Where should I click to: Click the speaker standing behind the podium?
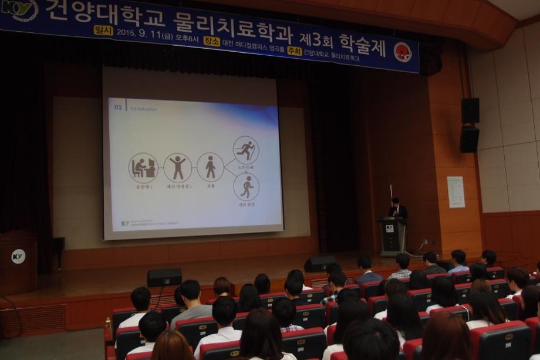[397, 208]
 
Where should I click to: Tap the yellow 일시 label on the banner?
[103, 30]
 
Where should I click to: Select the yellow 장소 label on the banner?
[212, 41]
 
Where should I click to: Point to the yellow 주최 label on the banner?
[295, 51]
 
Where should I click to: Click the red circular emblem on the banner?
[403, 52]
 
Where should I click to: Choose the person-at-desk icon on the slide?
[143, 168]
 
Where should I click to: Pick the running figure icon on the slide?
[246, 150]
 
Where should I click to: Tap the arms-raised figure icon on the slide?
[177, 168]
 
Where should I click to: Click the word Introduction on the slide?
[143, 109]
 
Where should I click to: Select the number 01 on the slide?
[118, 107]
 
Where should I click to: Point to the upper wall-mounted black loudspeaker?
[470, 110]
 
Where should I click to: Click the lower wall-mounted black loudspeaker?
[469, 139]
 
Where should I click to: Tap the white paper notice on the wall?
[455, 192]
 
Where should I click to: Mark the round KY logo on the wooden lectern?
[18, 256]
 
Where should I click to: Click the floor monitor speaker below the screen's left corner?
[164, 277]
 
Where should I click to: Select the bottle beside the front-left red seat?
[108, 324]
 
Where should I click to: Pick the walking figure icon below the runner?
[247, 187]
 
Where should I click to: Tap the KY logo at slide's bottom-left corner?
[124, 223]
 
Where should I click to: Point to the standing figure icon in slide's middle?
[210, 167]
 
